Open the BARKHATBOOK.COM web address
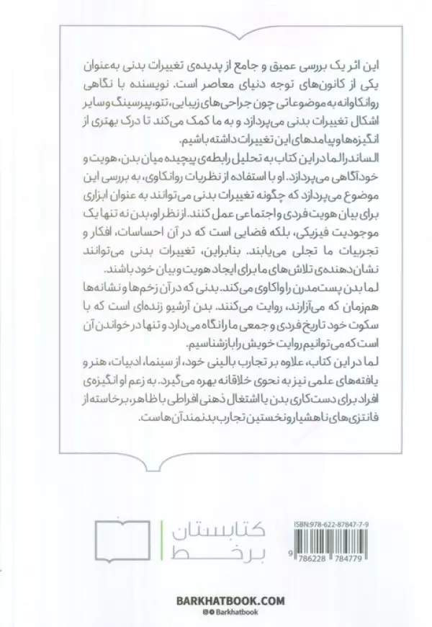pos(217,600)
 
